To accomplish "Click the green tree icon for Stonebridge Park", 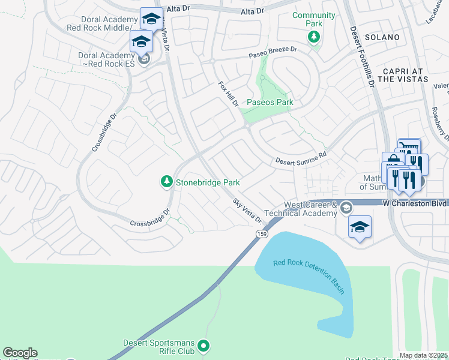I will tap(166, 181).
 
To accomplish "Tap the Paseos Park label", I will tap(270, 103).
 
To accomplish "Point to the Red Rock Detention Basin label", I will tap(309, 275).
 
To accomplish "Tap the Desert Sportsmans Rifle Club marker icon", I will tap(203, 345).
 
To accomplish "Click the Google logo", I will tap(20, 353).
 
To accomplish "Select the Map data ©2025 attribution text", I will tap(424, 355).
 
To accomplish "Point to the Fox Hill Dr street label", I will tap(229, 95).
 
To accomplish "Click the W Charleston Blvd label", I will tap(415, 203).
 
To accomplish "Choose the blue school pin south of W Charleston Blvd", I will tap(360, 227).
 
